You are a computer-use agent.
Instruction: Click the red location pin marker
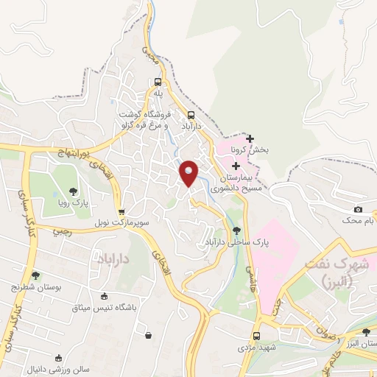coord(189,172)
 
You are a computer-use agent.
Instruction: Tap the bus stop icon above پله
coord(158,82)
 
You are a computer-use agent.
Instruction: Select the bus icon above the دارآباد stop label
coord(191,115)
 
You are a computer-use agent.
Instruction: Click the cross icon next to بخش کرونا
coord(250,138)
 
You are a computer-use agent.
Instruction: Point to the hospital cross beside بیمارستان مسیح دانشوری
coord(236,167)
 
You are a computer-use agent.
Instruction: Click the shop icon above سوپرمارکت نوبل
coord(121,211)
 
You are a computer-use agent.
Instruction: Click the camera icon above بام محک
coord(359,210)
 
